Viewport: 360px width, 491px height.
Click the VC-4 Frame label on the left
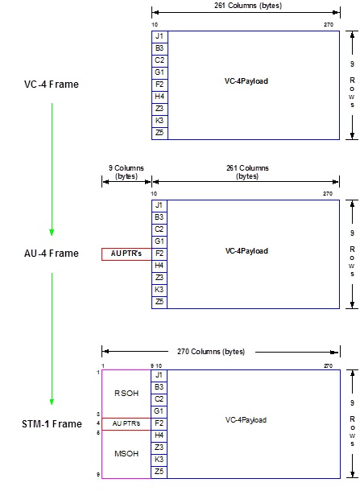[52, 84]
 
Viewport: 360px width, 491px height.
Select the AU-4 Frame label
[52, 254]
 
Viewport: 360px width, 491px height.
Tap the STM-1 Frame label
[52, 423]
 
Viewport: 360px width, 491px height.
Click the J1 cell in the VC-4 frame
[159, 36]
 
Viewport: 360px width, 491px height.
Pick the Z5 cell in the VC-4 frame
[159, 133]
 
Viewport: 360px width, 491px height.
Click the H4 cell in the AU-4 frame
[159, 265]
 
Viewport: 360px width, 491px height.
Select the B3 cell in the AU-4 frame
[159, 217]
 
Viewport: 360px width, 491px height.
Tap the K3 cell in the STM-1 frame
[159, 459]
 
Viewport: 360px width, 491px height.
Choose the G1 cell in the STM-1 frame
[159, 411]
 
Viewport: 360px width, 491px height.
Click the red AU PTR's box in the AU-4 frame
[126, 254]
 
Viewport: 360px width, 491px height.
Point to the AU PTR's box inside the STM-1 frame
[126, 423]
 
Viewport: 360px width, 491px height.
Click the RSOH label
[126, 394]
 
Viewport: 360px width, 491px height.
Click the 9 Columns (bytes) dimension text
[126, 172]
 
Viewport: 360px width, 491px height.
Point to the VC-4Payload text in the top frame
[246, 81]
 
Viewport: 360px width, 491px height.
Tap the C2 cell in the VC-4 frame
[159, 60]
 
